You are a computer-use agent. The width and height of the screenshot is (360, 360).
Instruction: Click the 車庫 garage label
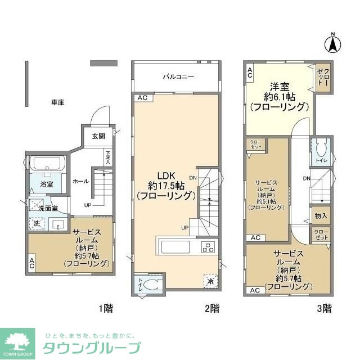(57, 102)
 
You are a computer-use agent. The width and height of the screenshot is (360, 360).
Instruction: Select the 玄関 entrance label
(98, 136)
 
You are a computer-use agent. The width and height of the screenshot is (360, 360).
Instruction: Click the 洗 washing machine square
(35, 223)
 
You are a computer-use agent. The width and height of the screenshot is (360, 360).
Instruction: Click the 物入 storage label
(321, 215)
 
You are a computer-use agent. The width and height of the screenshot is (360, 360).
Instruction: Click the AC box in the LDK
(142, 98)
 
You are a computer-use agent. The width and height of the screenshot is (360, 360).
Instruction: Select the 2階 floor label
(211, 308)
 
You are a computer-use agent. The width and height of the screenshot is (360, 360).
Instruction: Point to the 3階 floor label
(323, 308)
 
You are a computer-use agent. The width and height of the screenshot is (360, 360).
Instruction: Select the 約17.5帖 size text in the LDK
(167, 185)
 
